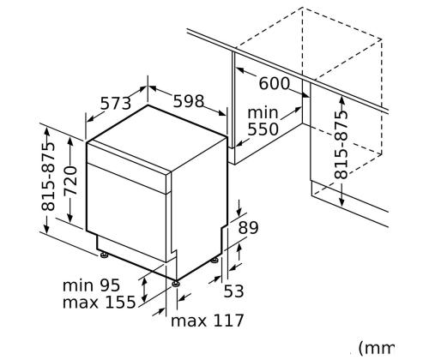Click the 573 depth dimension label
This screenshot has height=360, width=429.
click(x=116, y=103)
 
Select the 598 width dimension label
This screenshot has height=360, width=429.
click(x=189, y=101)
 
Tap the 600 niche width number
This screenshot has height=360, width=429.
click(x=275, y=83)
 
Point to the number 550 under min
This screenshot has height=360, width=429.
click(x=263, y=129)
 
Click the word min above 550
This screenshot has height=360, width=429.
click(x=263, y=113)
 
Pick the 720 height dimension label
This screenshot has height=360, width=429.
click(x=70, y=181)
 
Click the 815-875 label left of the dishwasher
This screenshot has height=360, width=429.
click(x=47, y=177)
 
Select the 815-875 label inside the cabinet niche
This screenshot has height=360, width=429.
click(x=341, y=145)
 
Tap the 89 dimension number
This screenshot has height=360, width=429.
click(x=248, y=228)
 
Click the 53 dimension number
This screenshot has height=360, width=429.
click(x=233, y=291)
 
